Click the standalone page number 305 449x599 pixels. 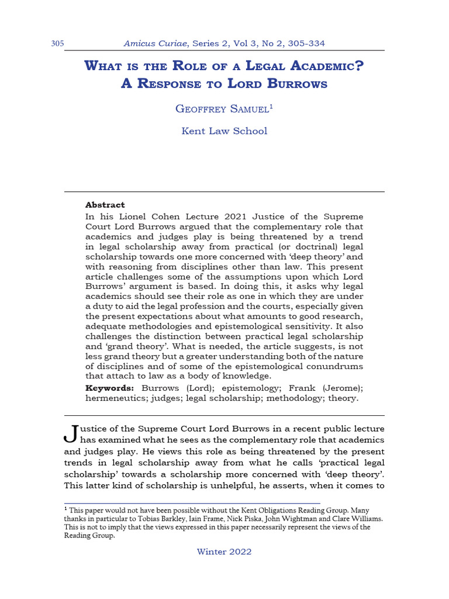[57, 44]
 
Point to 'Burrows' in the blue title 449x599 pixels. [298, 83]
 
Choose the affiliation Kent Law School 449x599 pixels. [224, 131]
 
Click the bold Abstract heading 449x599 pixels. [105, 205]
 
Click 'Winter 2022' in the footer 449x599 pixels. [224, 552]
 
